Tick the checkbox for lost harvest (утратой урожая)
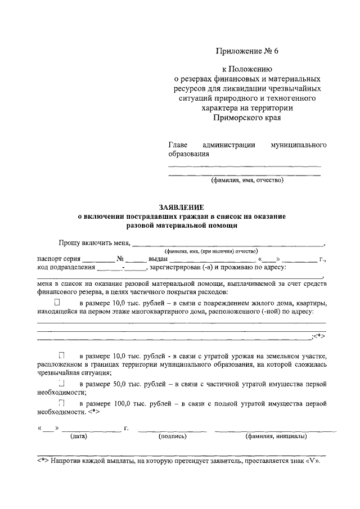61,356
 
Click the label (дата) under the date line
78,436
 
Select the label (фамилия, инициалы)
276,436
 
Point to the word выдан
156,259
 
